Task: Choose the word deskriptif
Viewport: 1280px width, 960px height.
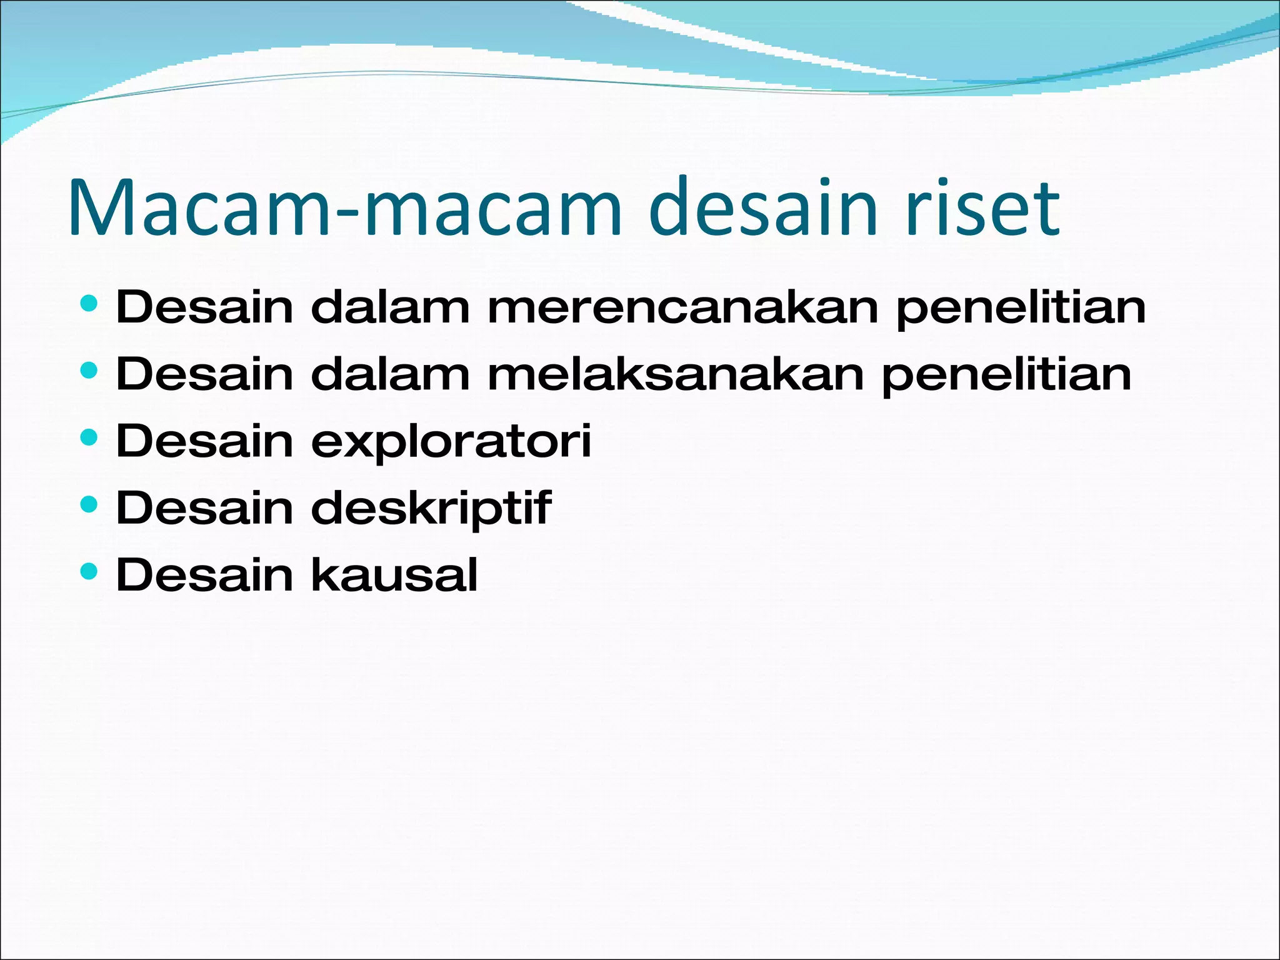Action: tap(431, 508)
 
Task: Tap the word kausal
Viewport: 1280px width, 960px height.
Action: tap(394, 575)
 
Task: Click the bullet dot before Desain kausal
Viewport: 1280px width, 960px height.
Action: tap(89, 571)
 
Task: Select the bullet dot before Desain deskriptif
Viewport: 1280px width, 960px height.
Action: tap(89, 504)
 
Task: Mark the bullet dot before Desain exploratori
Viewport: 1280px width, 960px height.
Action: tap(89, 437)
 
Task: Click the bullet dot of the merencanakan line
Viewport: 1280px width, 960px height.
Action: tap(89, 303)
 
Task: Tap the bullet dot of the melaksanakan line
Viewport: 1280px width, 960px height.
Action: tap(89, 370)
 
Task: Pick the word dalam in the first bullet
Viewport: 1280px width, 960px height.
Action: tap(390, 307)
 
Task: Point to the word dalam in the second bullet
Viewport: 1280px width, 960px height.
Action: tap(390, 374)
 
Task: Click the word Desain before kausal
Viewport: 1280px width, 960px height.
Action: tap(204, 575)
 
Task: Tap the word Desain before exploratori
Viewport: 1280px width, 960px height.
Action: tap(204, 441)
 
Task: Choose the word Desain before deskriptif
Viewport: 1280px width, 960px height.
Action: tap(204, 508)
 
